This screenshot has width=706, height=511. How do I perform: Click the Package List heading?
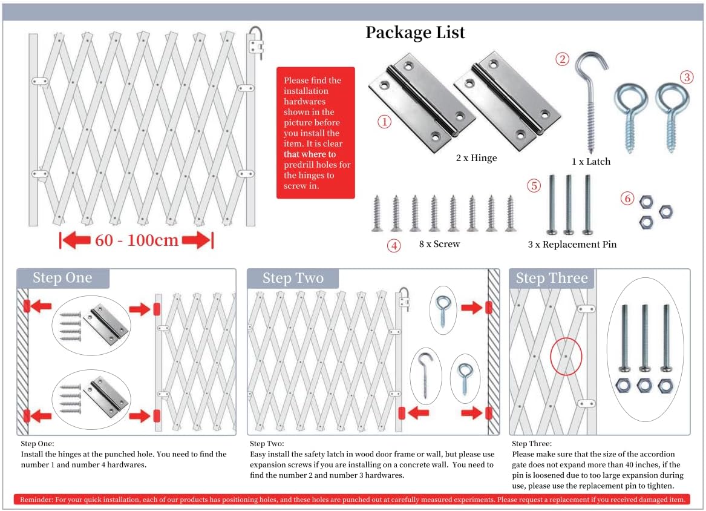414,33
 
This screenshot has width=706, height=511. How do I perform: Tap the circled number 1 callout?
384,122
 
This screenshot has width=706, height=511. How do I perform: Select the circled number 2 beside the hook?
562,59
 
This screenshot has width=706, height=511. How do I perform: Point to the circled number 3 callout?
686,77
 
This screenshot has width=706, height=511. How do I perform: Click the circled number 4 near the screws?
394,246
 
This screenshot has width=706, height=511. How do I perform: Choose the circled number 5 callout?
534,185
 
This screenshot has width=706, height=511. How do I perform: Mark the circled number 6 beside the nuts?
627,198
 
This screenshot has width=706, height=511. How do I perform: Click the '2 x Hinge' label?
476,157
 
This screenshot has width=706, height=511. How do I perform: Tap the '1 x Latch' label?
590,161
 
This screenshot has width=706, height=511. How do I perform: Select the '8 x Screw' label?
439,244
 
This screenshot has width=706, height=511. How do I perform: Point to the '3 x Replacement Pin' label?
572,244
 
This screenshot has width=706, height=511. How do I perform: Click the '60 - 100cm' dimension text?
137,240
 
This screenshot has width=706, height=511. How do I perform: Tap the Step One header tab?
63,278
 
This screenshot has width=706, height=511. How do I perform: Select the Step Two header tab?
293,278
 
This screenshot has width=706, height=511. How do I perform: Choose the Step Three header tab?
552,278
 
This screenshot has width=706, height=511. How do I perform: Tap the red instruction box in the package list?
316,133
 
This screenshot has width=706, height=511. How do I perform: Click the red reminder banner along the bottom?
352,499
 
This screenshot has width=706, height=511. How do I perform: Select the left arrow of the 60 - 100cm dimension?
75,240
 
